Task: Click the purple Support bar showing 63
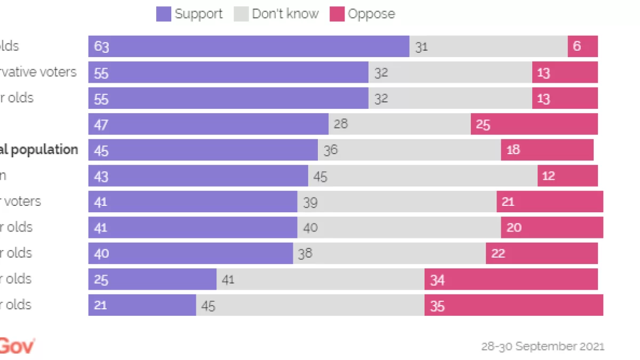(x=249, y=46)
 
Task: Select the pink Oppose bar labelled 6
(x=582, y=46)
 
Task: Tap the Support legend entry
(x=189, y=14)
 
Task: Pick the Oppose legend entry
(x=363, y=14)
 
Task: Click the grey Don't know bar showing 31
(x=489, y=46)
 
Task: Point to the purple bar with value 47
(x=208, y=124)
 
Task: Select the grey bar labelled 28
(x=399, y=124)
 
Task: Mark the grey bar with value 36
(x=409, y=150)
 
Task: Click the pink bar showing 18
(x=547, y=150)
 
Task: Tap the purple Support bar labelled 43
(x=198, y=175)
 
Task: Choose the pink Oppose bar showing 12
(x=567, y=175)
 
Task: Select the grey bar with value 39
(x=397, y=202)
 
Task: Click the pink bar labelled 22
(x=541, y=253)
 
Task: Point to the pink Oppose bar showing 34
(x=511, y=279)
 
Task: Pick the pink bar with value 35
(x=514, y=305)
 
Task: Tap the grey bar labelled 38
(x=389, y=253)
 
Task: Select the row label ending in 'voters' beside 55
(x=38, y=72)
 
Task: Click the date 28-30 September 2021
(x=542, y=347)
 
